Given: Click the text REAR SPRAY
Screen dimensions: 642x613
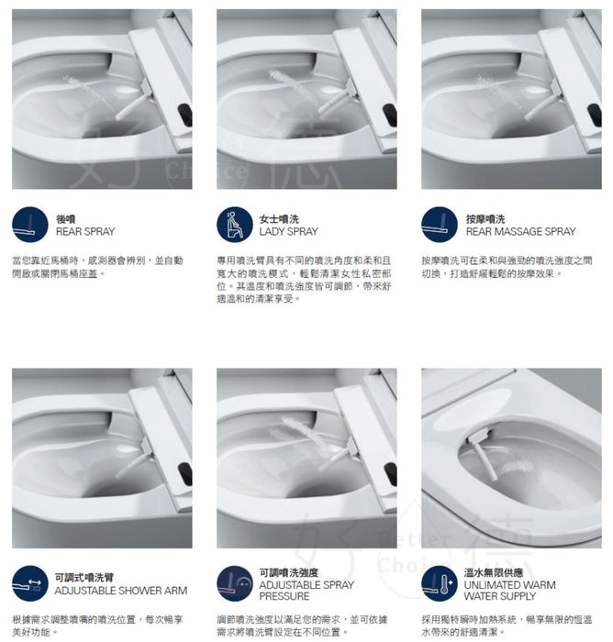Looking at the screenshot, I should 85,232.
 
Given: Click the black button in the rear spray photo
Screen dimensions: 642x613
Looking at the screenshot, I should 186,114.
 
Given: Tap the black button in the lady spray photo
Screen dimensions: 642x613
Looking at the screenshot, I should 390,115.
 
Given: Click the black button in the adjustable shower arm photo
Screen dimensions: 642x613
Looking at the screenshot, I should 186,473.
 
